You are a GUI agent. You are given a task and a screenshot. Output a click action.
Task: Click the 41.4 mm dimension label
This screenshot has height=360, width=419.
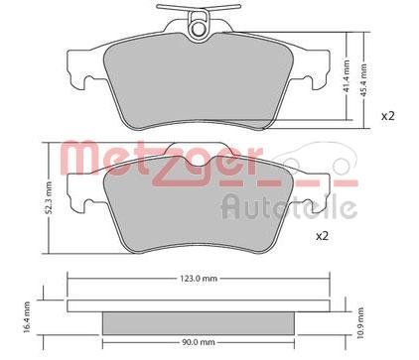[x=347, y=76]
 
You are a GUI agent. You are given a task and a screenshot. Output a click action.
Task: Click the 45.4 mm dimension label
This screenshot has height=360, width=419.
[x=364, y=80]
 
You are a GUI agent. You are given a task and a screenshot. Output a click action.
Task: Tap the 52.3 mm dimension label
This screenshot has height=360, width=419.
[x=49, y=197]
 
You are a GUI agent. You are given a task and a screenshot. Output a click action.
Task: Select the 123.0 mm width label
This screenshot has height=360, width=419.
[x=199, y=279]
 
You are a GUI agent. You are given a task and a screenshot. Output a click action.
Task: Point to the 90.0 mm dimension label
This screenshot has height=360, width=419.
[x=198, y=342]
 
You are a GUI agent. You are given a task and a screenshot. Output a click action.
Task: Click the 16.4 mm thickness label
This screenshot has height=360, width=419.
[x=27, y=317]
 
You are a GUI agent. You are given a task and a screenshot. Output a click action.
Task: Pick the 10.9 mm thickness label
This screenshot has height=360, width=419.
[x=360, y=322]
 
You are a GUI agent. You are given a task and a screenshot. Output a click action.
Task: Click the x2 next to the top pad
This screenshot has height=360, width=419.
[x=388, y=116]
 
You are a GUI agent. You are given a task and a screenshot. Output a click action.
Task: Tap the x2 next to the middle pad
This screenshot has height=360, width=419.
[x=322, y=236]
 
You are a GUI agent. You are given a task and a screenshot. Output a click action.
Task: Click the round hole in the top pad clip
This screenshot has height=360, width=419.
[x=199, y=29]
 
